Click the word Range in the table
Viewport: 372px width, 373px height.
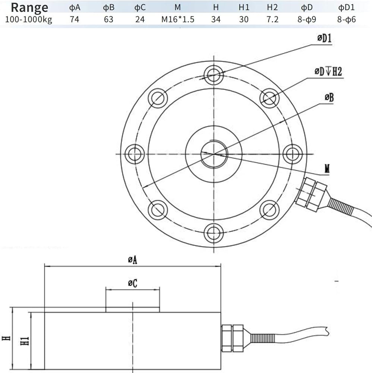29,7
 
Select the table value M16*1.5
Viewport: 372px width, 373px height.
178,19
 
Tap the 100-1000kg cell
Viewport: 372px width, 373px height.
29,19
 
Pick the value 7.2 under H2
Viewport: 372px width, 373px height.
272,19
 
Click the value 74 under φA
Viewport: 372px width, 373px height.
75,19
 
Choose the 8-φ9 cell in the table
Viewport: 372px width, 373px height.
307,19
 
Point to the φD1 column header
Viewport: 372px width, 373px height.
346,7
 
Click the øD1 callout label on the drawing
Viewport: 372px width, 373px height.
324,38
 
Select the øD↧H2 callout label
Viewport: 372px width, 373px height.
328,71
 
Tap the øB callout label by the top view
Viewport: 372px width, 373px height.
329,97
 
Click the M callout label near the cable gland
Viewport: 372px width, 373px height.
327,169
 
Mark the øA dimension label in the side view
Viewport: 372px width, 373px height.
132,260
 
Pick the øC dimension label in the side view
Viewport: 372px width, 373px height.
132,283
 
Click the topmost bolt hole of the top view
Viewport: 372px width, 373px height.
214,75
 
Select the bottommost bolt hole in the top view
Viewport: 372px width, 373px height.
214,233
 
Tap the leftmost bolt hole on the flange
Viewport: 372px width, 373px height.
135,154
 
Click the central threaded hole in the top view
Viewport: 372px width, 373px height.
214,154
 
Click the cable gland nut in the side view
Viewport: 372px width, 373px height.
232,338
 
